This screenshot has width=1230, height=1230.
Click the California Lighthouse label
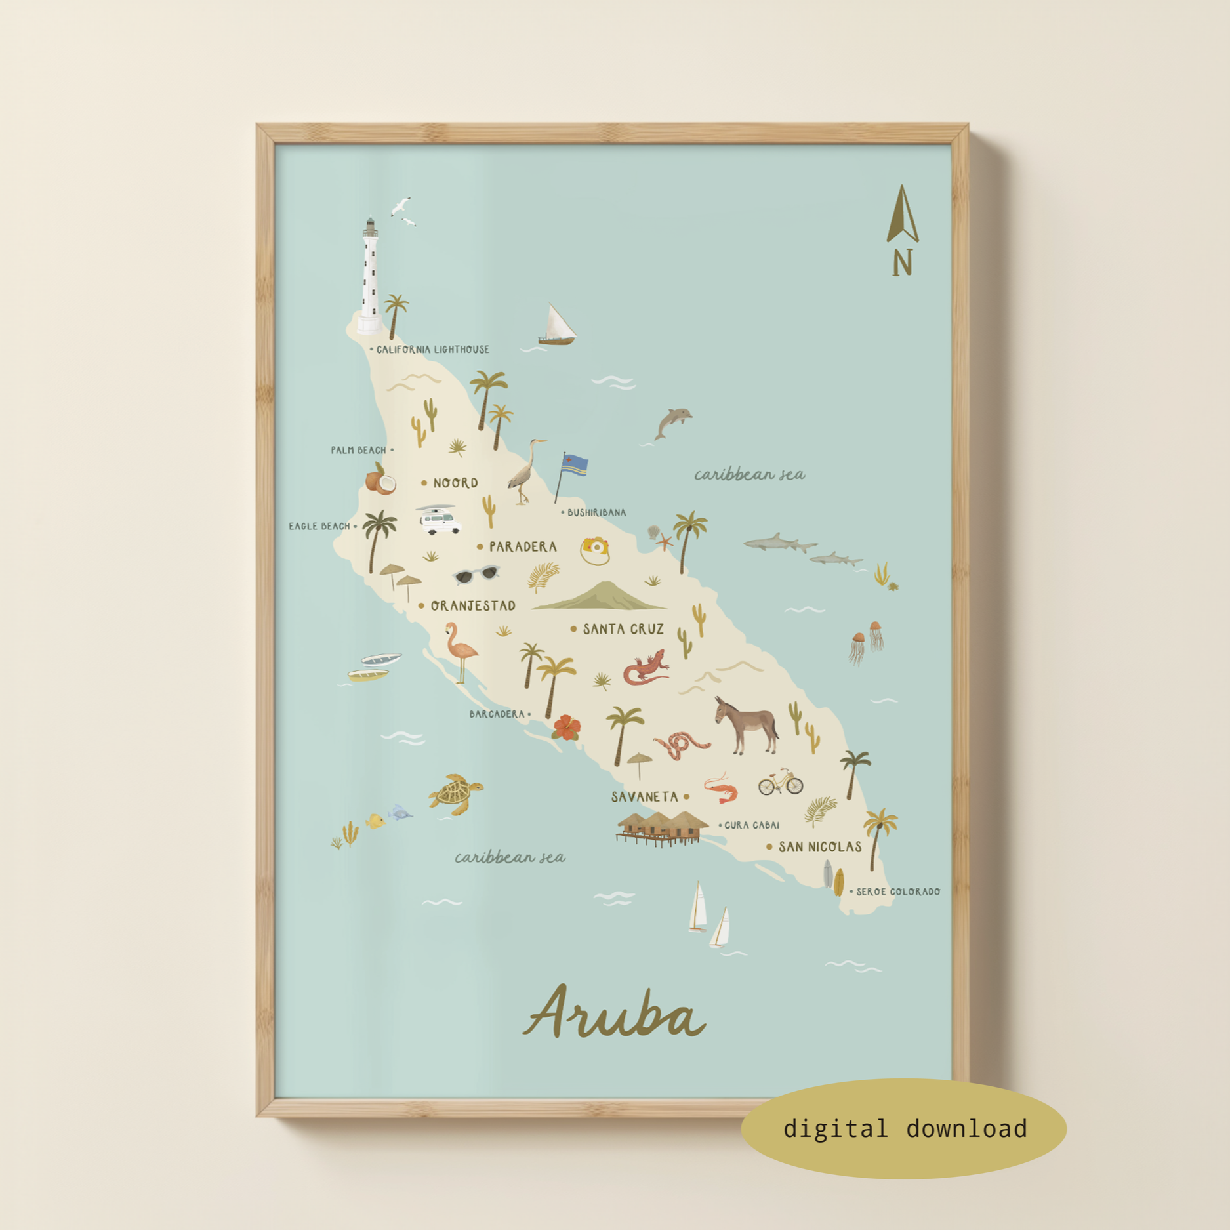coord(432,350)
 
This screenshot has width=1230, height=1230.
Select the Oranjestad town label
coord(472,606)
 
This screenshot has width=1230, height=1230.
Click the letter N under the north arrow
coord(903,264)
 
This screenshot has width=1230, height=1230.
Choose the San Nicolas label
coord(819,847)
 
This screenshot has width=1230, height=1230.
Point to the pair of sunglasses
coord(476,575)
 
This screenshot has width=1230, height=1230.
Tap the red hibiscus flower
coord(566,728)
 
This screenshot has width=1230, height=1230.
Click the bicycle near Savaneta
coord(781,782)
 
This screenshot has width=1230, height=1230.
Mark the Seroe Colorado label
coord(897,892)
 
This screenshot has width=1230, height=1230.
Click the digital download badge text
coord(905,1128)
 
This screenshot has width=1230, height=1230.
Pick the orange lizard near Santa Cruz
coord(646,668)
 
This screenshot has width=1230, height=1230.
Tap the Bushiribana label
coord(596,513)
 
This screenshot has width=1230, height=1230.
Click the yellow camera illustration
coord(595,550)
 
